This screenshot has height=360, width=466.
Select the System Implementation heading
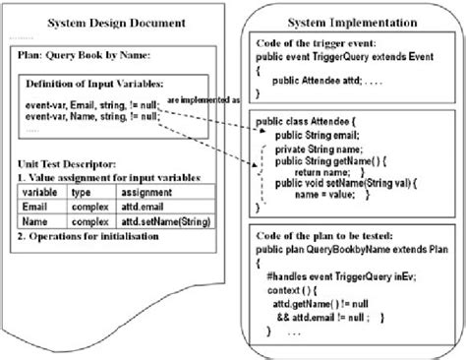352,23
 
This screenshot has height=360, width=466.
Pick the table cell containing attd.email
147,209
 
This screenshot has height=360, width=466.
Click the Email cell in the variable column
37,209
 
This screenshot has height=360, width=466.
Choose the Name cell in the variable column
37,223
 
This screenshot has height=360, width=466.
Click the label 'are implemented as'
204,100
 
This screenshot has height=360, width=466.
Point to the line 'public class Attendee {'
313,121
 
